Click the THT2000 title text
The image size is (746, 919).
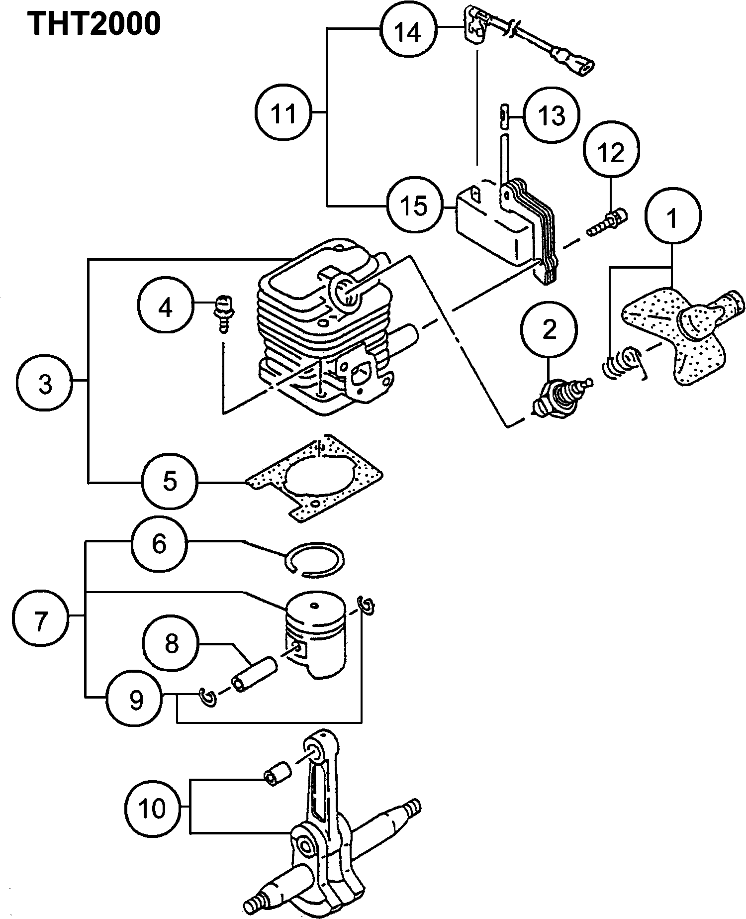[94, 23]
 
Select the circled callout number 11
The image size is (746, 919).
[283, 113]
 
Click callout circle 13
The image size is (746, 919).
[553, 116]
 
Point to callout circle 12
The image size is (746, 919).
[611, 151]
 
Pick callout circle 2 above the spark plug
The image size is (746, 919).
[549, 329]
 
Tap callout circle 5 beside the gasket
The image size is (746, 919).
[170, 481]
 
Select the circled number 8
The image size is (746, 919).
[171, 643]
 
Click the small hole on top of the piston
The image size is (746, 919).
[313, 606]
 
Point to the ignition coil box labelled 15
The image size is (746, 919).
[492, 224]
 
